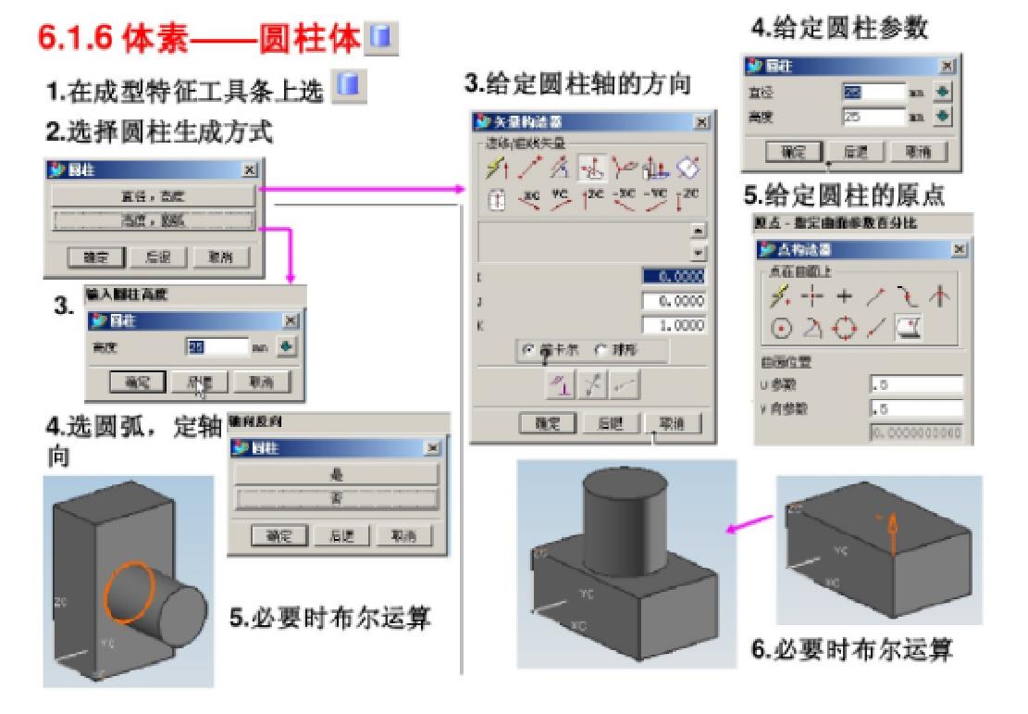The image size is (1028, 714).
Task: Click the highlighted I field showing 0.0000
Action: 673,275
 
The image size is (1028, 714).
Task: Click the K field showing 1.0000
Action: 673,326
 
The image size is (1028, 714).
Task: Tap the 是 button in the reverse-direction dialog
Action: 335,473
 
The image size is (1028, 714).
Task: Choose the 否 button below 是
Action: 335,498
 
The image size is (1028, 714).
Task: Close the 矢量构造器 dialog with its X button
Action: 701,121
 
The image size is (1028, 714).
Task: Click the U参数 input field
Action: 915,385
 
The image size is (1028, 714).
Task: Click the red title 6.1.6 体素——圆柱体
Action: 200,40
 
